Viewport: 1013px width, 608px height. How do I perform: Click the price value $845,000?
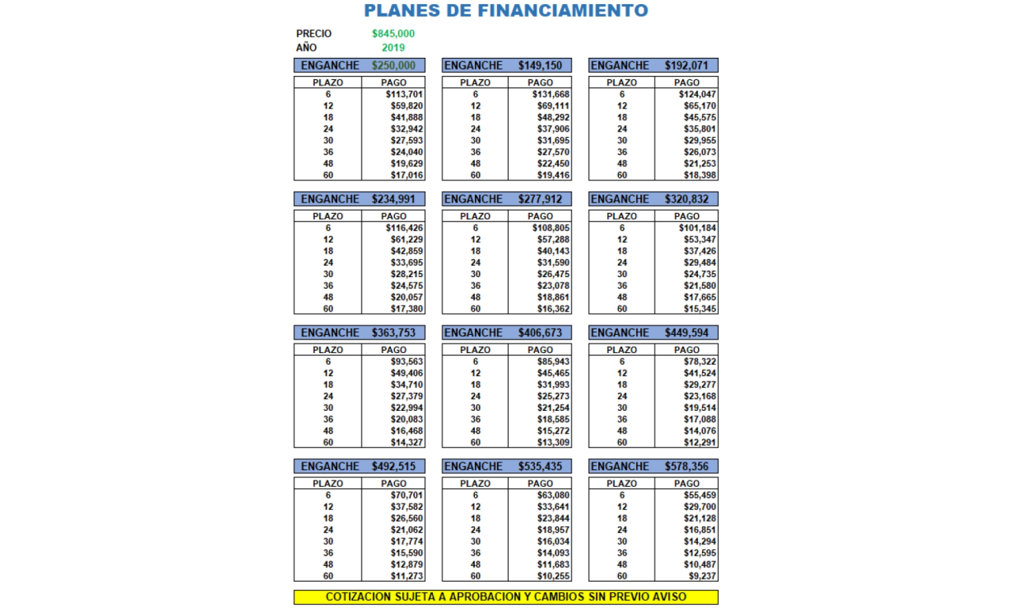point(393,34)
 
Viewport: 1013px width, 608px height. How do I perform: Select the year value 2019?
point(393,47)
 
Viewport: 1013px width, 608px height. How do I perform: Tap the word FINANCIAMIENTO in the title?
point(563,11)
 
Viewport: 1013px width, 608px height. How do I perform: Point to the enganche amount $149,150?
point(541,66)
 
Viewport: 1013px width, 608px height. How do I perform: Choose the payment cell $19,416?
point(553,175)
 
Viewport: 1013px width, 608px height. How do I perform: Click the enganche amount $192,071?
point(687,66)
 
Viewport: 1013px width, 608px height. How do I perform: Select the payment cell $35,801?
point(700,129)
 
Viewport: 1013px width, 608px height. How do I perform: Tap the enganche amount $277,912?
point(541,199)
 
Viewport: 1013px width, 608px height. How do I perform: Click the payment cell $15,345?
point(700,309)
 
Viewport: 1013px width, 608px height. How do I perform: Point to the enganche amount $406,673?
point(541,333)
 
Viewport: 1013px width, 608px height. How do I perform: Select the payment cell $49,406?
point(407,373)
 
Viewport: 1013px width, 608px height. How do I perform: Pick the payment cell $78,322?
point(700,362)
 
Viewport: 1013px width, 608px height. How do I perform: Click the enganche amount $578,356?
point(687,467)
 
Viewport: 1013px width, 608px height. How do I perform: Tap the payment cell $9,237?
point(703,576)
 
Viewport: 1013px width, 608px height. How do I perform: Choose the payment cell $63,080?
point(553,496)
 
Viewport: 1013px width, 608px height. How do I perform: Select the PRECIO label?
point(314,34)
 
